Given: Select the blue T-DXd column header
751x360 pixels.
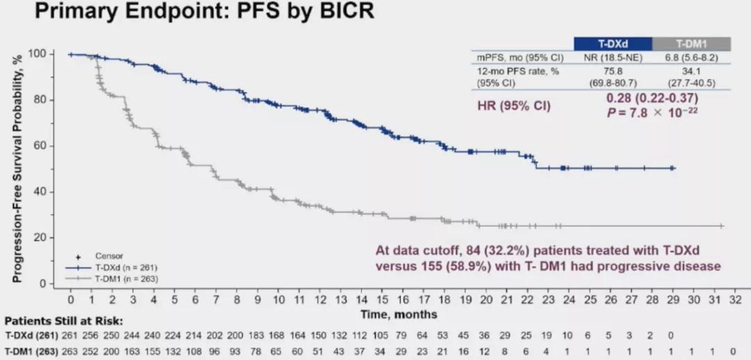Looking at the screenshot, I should click(x=612, y=43).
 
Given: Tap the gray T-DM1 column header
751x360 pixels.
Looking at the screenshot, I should click(x=691, y=43).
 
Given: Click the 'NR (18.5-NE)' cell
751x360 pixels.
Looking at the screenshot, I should click(x=612, y=57).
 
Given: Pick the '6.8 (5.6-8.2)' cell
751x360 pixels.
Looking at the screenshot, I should click(x=691, y=57).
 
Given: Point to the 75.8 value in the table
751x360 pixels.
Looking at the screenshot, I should click(x=612, y=71).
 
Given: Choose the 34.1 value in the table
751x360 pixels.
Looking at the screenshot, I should click(x=691, y=71).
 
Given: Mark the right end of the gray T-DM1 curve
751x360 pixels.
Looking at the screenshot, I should click(x=722, y=226).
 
